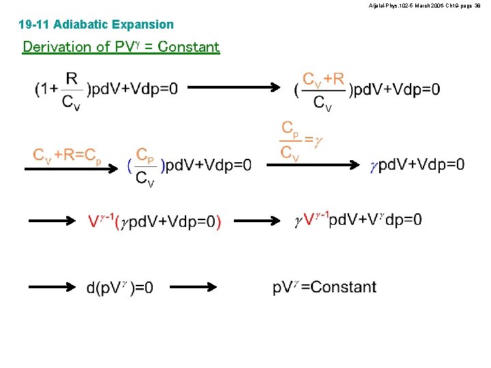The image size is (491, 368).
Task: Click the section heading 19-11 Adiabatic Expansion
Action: point(96,25)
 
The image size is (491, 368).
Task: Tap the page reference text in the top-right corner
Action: point(424,5)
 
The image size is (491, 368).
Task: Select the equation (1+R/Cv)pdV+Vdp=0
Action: point(106,89)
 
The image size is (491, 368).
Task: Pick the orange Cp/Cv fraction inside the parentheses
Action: point(145,166)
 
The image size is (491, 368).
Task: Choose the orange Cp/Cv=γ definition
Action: point(301,140)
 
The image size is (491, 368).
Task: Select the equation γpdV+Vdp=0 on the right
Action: point(417,164)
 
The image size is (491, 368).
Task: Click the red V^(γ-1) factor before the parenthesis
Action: point(101,221)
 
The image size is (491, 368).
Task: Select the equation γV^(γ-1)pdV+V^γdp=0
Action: point(358,219)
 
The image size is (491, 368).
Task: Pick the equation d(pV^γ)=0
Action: point(120,288)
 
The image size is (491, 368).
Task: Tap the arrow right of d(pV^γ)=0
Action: point(194,287)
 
